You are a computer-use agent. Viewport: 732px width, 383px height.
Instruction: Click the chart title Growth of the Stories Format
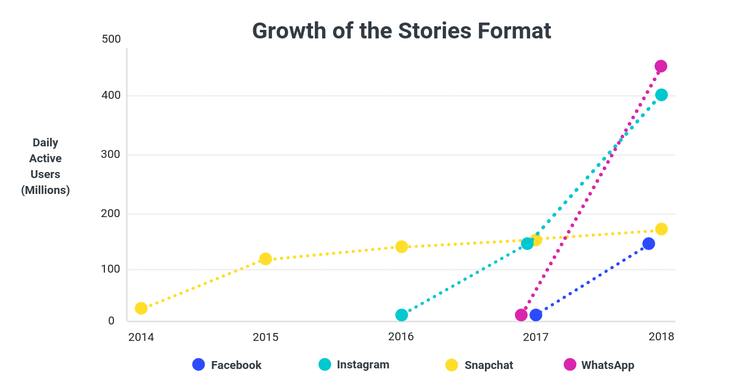tap(401, 30)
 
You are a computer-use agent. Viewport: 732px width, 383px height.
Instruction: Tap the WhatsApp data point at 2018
tap(661, 66)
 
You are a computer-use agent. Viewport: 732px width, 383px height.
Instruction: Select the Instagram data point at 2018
tap(661, 95)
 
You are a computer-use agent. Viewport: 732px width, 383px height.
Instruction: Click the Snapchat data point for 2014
tap(141, 308)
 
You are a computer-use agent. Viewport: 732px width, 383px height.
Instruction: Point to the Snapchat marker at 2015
tap(265, 259)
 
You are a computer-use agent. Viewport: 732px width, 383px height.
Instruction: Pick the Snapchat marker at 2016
tap(401, 246)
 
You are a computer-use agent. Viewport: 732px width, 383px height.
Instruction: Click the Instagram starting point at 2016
tap(401, 315)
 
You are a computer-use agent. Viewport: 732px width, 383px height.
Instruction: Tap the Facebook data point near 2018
tap(648, 243)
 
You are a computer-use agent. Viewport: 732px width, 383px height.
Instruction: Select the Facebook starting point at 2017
tap(536, 315)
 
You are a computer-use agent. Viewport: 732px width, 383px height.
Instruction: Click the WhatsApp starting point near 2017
tap(521, 315)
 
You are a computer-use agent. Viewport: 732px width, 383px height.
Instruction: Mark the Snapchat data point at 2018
tap(661, 229)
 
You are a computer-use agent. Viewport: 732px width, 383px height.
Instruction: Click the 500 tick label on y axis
tap(112, 39)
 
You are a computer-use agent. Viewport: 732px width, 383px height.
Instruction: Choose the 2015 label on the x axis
tap(265, 337)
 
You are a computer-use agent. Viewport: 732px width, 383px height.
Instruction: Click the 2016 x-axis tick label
tap(401, 337)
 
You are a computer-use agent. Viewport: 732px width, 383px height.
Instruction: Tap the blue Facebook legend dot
tap(198, 364)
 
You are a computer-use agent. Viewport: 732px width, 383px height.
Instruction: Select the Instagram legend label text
tap(363, 365)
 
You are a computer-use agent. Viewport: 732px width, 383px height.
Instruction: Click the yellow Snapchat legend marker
tap(451, 365)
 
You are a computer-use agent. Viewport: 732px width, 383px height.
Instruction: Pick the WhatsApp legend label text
tap(608, 365)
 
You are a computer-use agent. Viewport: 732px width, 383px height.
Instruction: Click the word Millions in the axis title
tap(46, 190)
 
